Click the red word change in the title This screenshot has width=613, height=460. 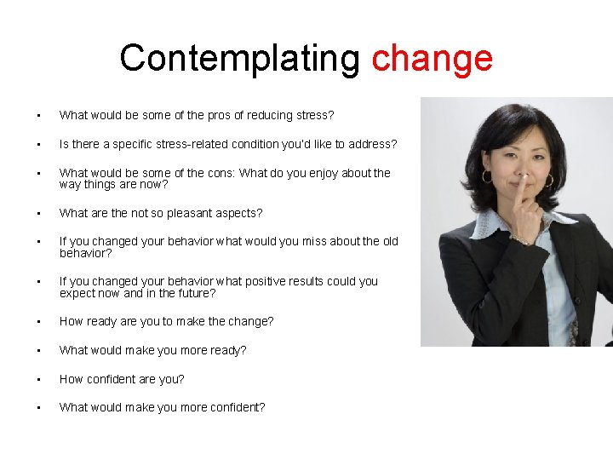coord(433,59)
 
